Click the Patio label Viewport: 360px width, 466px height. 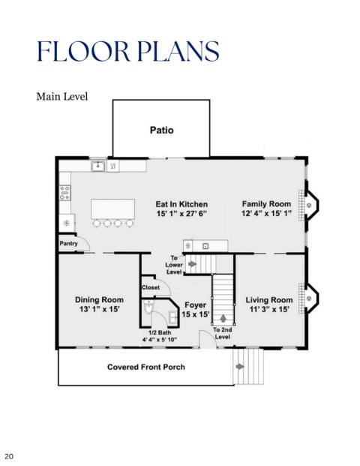161,130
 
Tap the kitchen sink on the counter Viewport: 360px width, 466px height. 98,166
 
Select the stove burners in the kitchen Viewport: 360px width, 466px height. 64,193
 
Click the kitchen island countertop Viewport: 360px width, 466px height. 112,209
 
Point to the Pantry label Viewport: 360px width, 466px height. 68,243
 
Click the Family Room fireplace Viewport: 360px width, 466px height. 309,205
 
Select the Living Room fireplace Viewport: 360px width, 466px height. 309,298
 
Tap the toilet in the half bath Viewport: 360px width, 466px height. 148,308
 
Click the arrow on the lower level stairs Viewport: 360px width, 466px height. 192,263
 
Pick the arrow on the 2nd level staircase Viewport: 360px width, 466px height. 223,318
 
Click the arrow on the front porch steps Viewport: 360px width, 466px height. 240,366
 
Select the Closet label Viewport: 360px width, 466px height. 151,287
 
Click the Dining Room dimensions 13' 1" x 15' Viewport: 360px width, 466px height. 100,309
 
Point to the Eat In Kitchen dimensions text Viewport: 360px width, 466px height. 181,214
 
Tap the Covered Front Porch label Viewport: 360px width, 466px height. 146,367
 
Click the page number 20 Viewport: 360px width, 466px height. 9,456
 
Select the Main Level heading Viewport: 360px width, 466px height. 62,97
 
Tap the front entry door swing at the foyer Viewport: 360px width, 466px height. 208,338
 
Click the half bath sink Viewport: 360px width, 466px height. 173,317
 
